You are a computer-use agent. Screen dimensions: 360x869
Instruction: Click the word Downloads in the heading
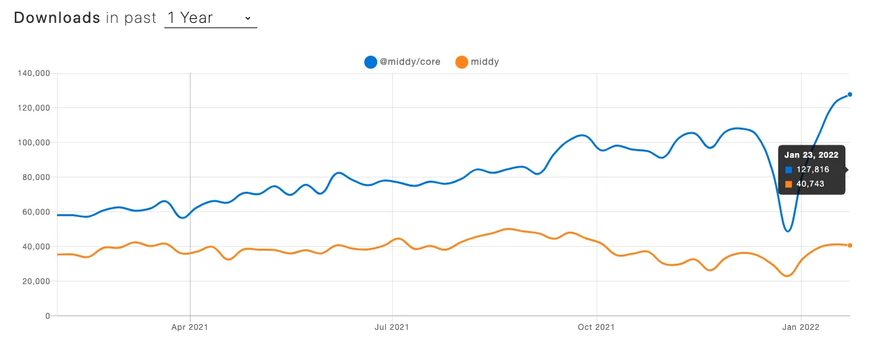(57, 18)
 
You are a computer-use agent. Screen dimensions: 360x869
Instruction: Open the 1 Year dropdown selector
(210, 18)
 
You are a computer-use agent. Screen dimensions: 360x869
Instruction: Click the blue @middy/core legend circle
(371, 62)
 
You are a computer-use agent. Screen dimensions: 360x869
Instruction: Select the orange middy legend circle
(462, 62)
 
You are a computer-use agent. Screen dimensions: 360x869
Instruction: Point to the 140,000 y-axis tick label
(33, 73)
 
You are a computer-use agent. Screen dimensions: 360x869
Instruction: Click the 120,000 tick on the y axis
(33, 108)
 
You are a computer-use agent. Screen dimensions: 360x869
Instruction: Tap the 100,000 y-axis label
(33, 143)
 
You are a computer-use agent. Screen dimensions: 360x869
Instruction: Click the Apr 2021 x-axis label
(190, 327)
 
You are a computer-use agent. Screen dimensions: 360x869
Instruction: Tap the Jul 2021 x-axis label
(392, 327)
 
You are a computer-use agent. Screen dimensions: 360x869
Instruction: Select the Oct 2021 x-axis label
(597, 327)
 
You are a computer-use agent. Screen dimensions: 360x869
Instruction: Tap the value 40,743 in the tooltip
(810, 184)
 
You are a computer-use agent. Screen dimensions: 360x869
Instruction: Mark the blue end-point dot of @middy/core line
(850, 94)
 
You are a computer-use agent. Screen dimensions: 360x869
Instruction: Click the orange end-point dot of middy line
(850, 245)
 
